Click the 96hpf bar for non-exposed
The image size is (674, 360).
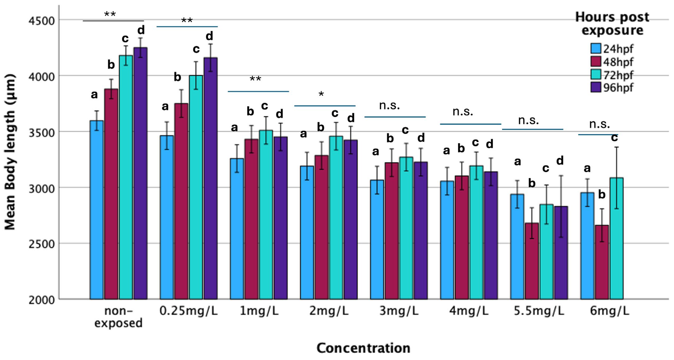[x=140, y=173]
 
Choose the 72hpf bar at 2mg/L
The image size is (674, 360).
[x=336, y=217]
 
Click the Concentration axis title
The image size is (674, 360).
[x=363, y=348]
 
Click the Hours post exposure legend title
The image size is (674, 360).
[x=612, y=24]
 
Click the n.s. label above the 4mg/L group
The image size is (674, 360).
[x=463, y=112]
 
